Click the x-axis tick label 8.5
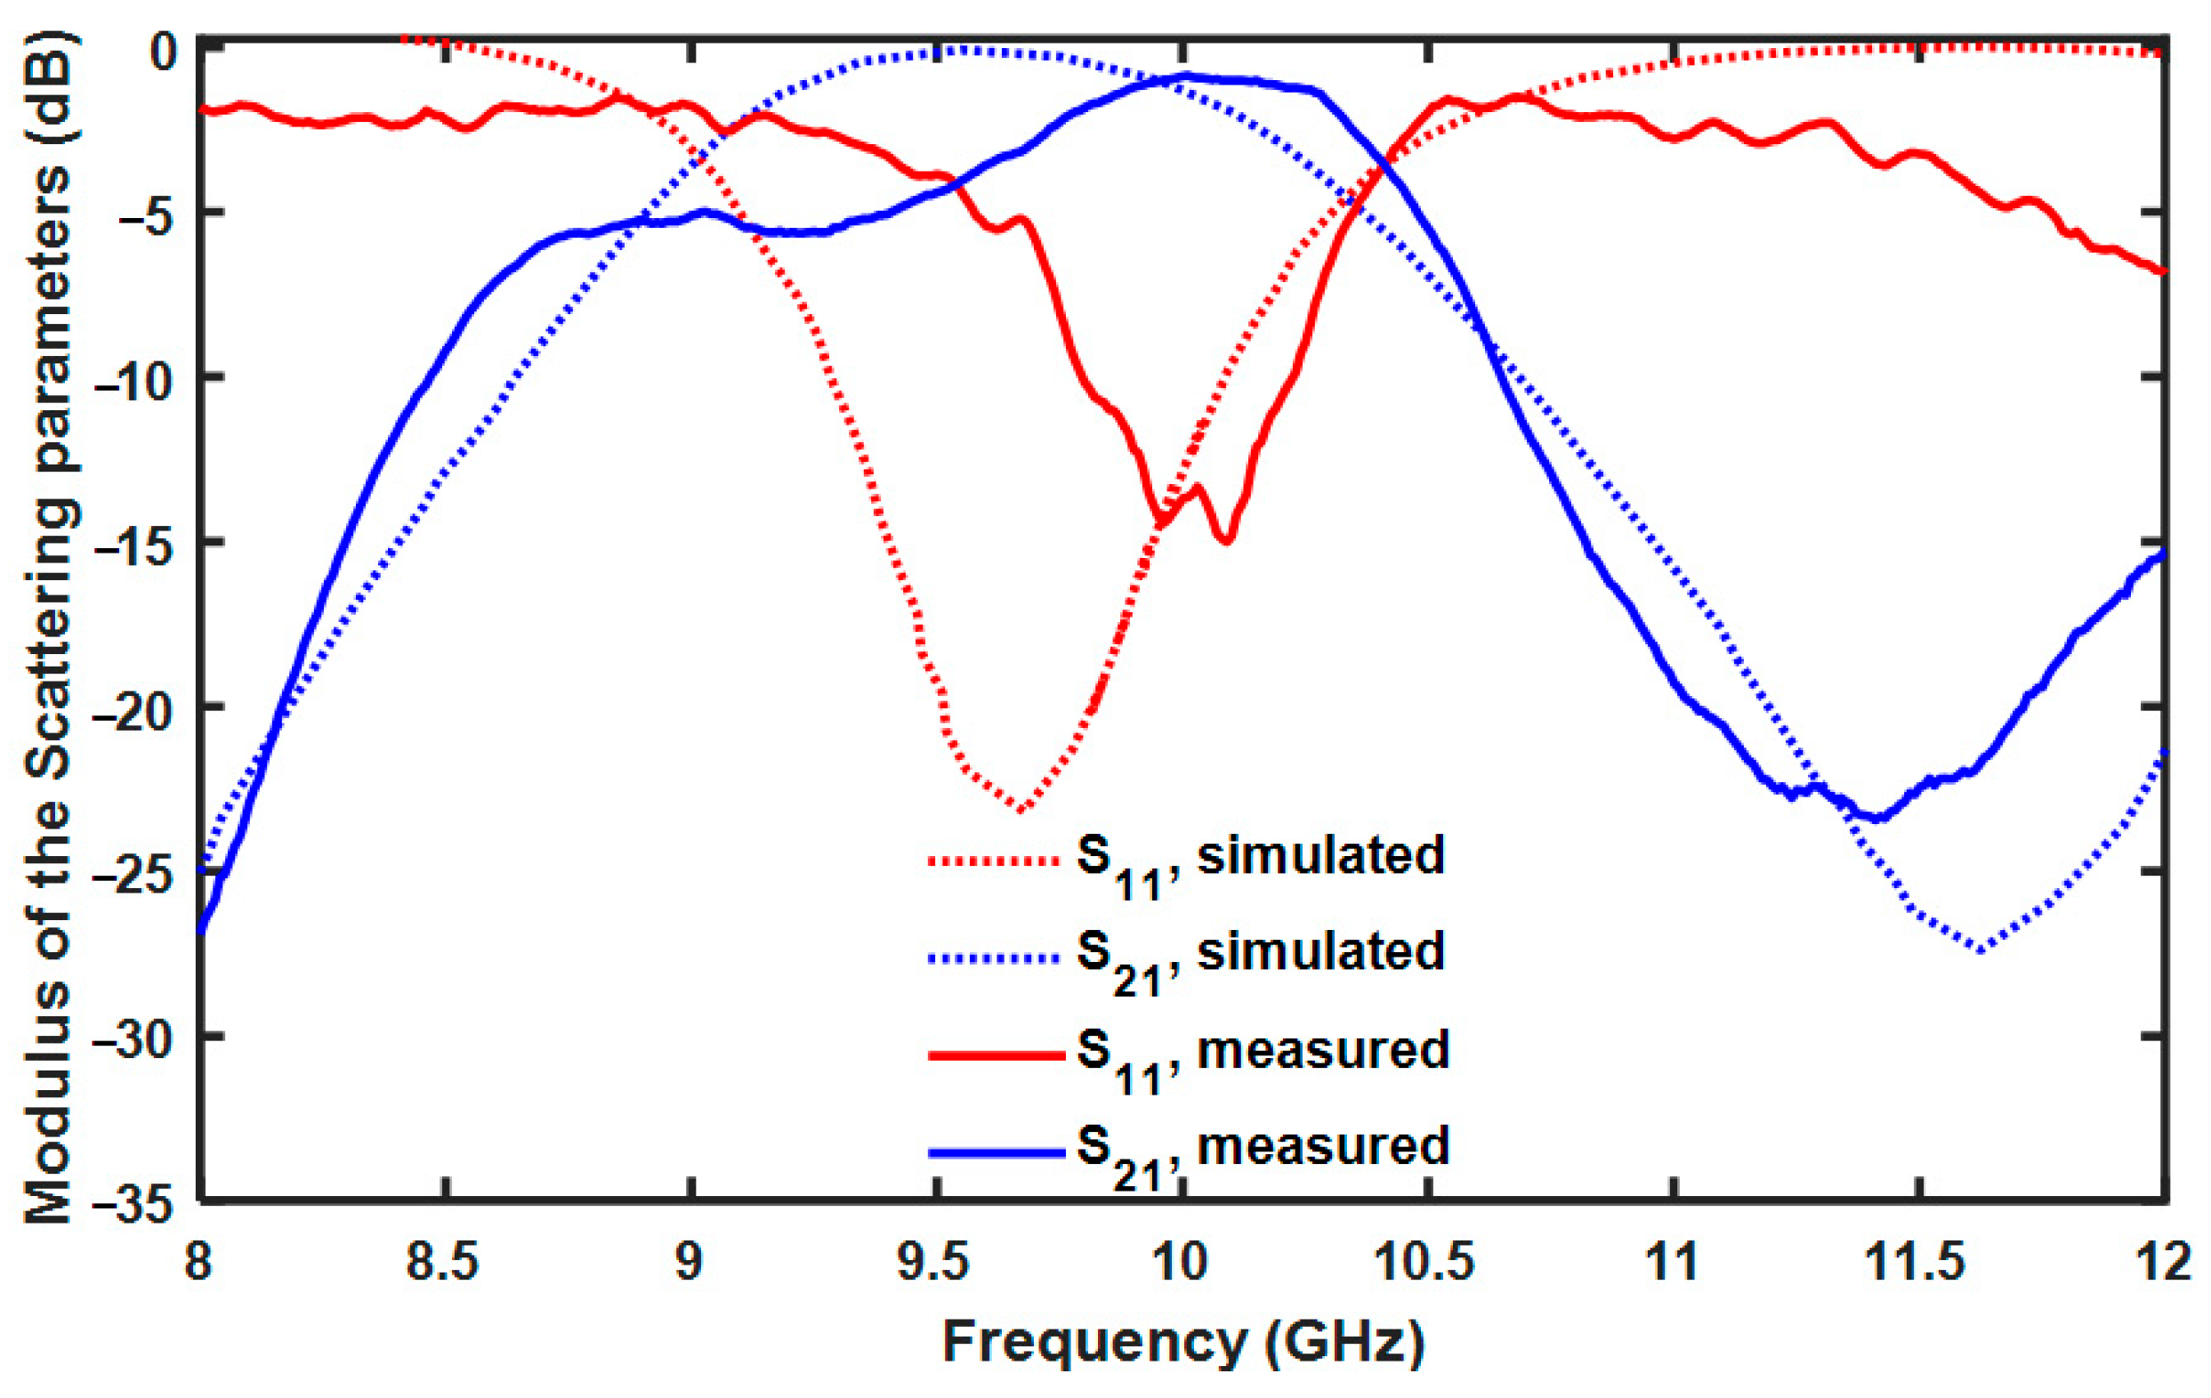click(x=443, y=1264)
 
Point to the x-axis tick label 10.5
click(x=1425, y=1264)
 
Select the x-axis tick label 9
click(x=689, y=1264)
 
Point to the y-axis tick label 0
click(x=164, y=52)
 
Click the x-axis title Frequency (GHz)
click(x=1182, y=1343)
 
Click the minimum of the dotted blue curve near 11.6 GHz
click(x=1981, y=951)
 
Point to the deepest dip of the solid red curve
click(x=1227, y=540)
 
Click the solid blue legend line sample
click(x=997, y=1152)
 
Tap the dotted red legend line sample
click(x=997, y=861)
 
